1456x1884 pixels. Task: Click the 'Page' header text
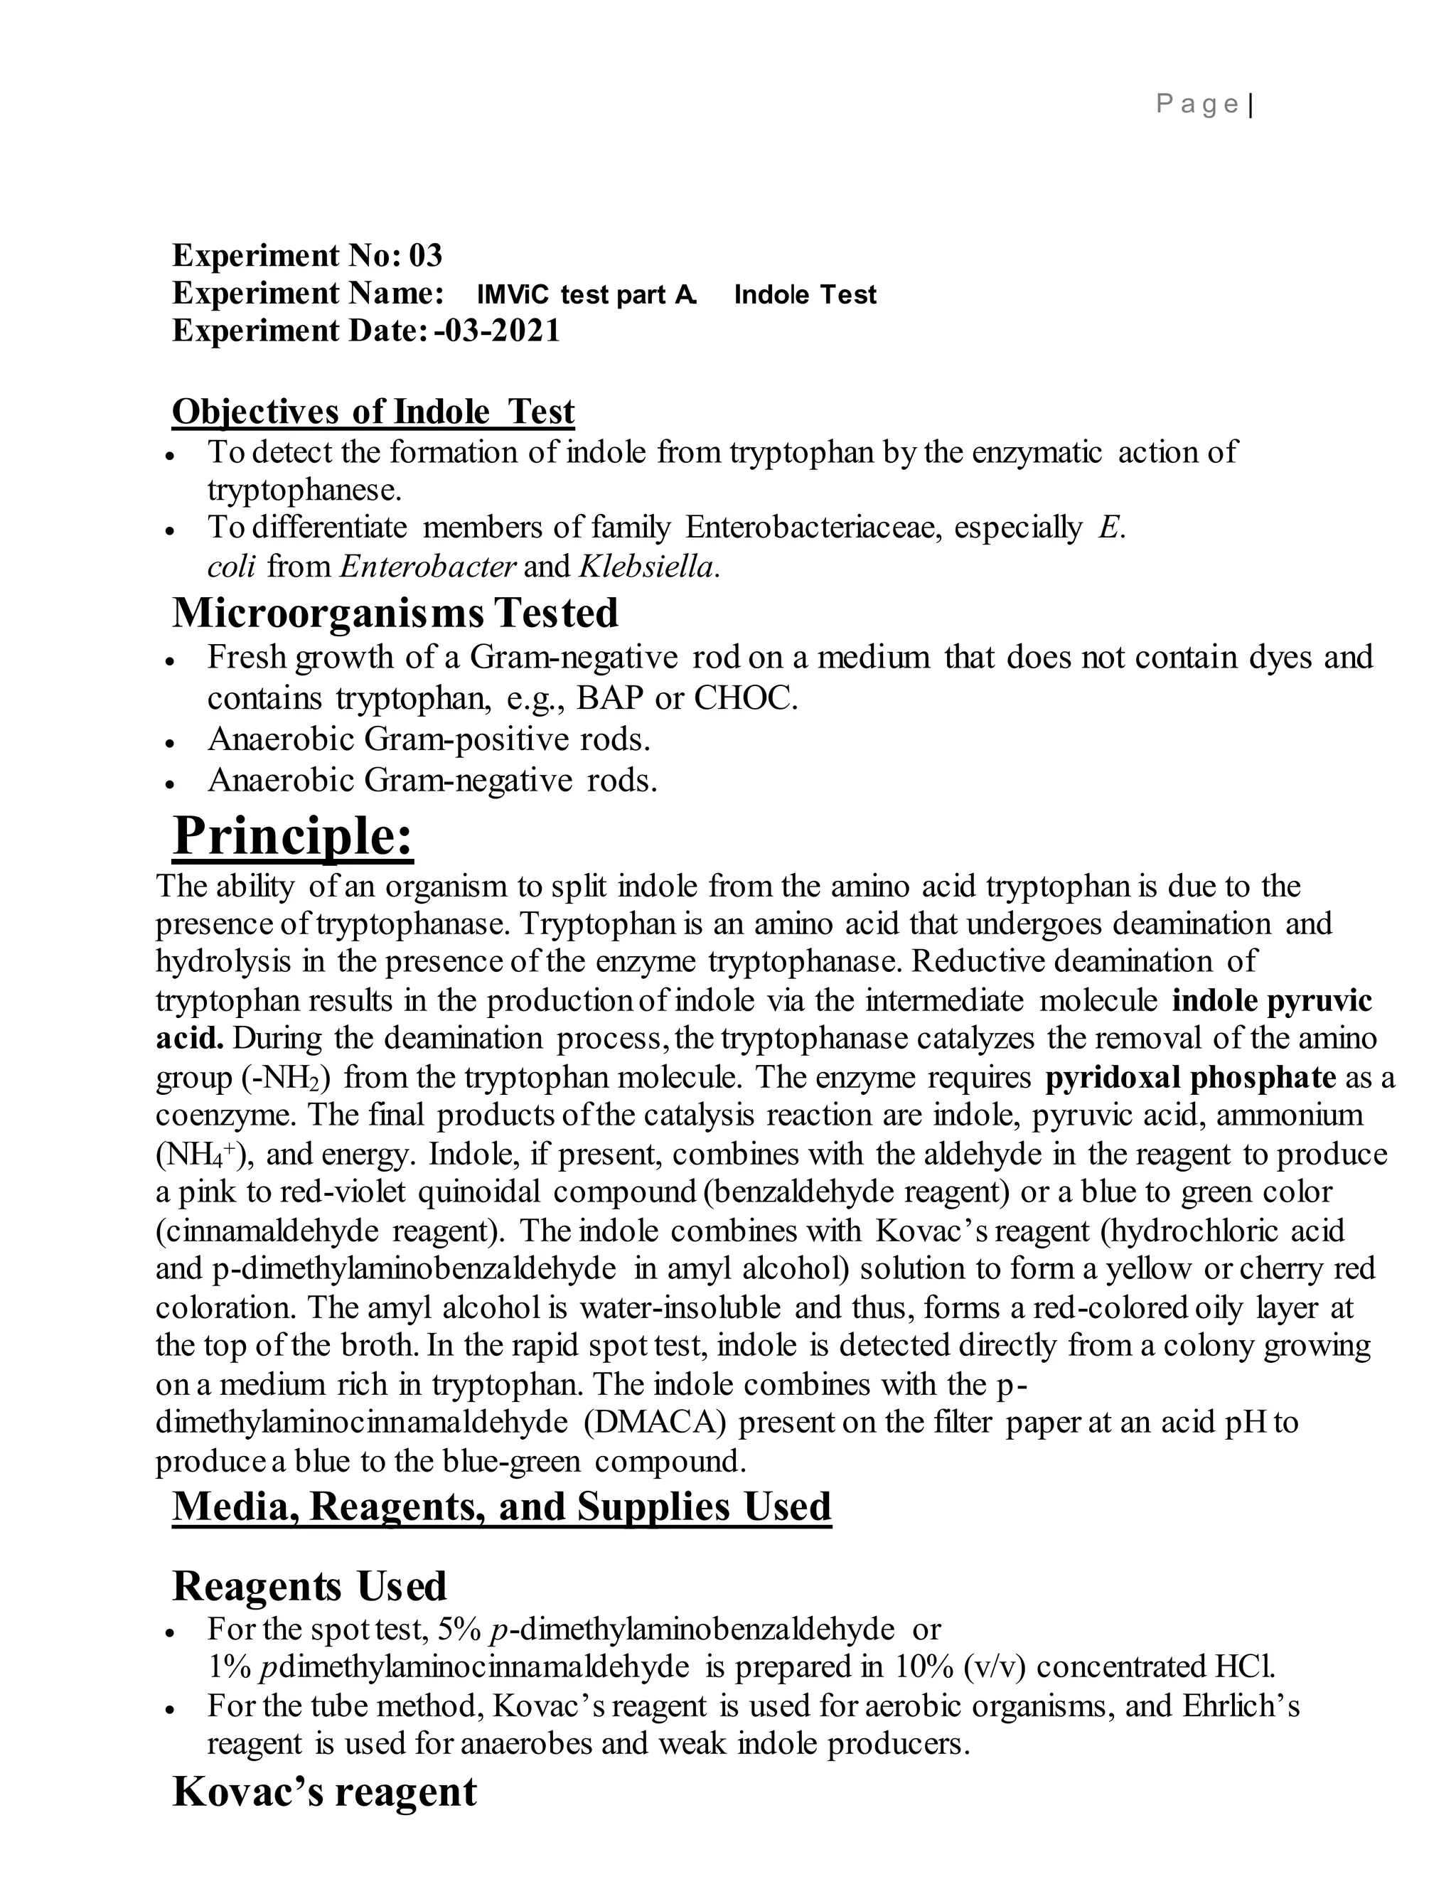1197,105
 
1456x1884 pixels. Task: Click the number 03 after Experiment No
425,255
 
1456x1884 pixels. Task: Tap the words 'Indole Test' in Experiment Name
804,295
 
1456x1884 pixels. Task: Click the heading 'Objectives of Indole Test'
373,412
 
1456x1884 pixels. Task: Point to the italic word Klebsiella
648,566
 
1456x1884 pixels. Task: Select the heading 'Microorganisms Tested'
395,614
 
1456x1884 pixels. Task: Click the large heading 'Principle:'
294,836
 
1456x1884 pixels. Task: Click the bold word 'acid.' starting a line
189,1039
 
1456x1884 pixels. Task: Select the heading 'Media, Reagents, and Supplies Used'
501,1506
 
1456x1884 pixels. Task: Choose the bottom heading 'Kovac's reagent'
324,1792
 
